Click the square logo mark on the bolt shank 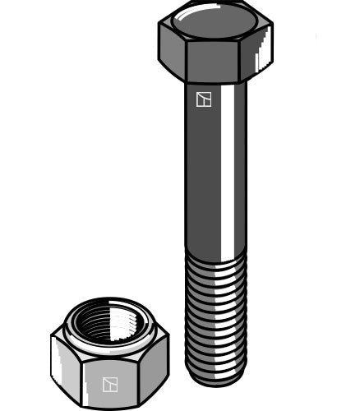[x=204, y=99]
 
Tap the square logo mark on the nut [x=110, y=384]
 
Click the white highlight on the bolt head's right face [x=264, y=54]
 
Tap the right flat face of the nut [x=156, y=366]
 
